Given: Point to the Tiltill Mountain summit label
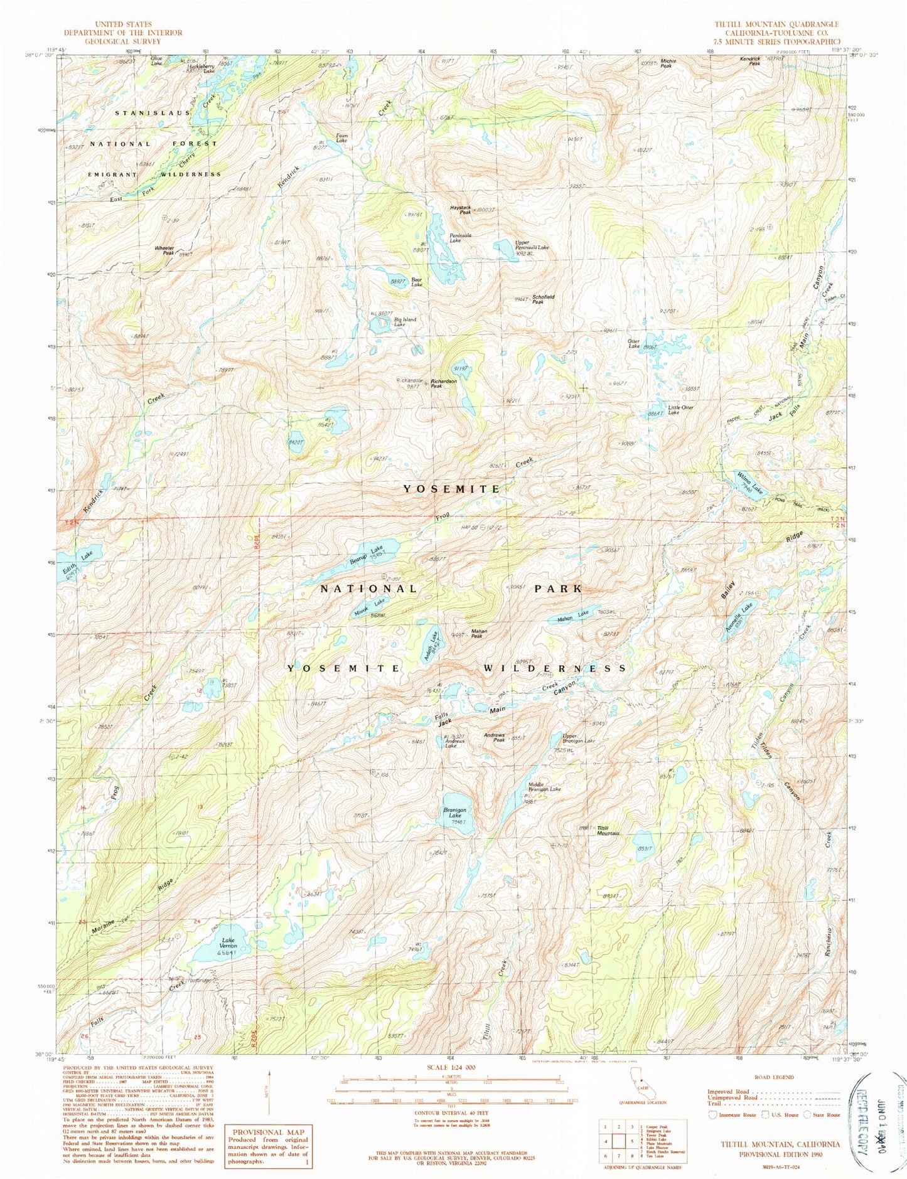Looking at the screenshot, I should (608, 830).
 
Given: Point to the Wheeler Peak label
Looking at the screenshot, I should (164, 250).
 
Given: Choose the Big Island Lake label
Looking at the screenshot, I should (405, 322).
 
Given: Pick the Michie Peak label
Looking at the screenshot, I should (668, 63).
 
